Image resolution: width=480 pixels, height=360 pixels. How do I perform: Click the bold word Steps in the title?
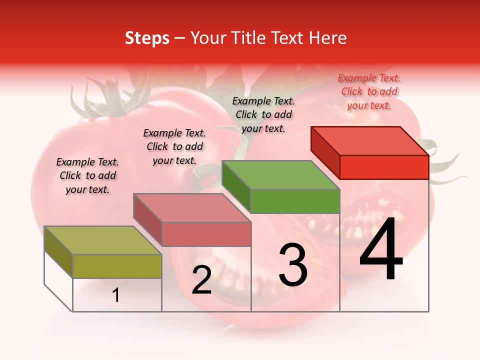tap(147, 38)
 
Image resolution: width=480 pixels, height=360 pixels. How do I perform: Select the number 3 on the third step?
tap(292, 265)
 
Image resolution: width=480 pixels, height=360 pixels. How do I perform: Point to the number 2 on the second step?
tap(201, 280)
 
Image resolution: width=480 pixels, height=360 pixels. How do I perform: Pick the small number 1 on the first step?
tap(116, 295)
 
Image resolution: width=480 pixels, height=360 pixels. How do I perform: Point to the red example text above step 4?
tap(369, 91)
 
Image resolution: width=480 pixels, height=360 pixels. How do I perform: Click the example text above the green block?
tap(263, 114)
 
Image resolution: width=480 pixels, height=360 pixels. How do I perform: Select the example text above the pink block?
tap(174, 146)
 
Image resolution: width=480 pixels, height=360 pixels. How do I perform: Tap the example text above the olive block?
tap(87, 175)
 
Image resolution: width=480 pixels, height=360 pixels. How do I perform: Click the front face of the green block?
tap(295, 201)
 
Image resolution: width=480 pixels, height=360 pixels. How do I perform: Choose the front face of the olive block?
tap(117, 266)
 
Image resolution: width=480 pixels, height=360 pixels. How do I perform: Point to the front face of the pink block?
tap(206, 234)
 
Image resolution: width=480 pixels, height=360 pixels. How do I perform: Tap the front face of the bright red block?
tap(384, 167)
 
